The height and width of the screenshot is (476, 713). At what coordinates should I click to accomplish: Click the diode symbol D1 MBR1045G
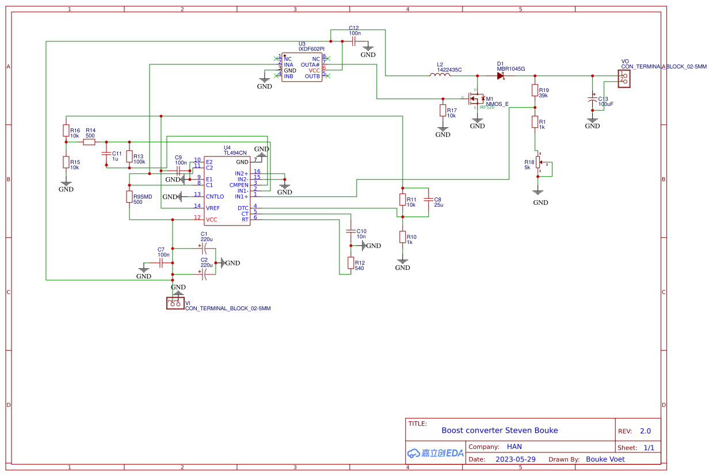click(501, 75)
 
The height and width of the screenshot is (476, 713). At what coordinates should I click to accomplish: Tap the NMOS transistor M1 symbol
click(476, 99)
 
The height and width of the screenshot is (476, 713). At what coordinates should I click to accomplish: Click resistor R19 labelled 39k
click(535, 90)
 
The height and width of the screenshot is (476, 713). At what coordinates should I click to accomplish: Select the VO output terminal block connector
click(623, 79)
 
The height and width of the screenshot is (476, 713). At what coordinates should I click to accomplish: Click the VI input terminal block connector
click(176, 303)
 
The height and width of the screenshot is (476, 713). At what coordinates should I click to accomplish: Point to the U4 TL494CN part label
click(235, 153)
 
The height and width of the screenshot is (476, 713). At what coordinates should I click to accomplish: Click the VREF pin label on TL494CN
click(213, 208)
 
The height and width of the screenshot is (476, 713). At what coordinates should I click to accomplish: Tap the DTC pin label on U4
click(243, 208)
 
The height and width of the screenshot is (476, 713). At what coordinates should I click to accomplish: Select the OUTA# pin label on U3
click(310, 64)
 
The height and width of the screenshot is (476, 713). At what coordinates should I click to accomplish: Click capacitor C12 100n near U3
click(354, 41)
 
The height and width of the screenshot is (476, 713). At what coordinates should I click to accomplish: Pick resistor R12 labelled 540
click(350, 263)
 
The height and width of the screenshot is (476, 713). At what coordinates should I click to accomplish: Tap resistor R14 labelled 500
click(89, 142)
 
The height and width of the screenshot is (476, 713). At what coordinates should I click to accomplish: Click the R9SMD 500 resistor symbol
click(129, 197)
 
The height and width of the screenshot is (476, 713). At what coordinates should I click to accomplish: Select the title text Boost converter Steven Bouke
click(499, 431)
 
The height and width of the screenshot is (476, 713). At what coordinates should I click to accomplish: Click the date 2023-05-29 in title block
click(515, 459)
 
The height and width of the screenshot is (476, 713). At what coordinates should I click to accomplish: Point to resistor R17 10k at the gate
click(443, 111)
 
